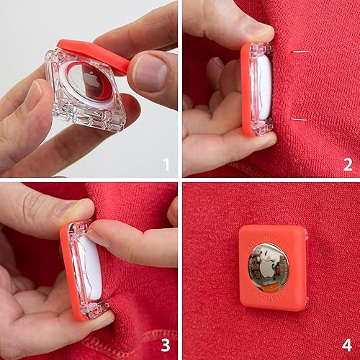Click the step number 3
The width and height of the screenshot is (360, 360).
166,346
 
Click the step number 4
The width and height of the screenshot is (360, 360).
348,346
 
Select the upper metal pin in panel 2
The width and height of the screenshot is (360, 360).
300,52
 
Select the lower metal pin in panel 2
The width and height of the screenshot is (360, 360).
300,119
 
